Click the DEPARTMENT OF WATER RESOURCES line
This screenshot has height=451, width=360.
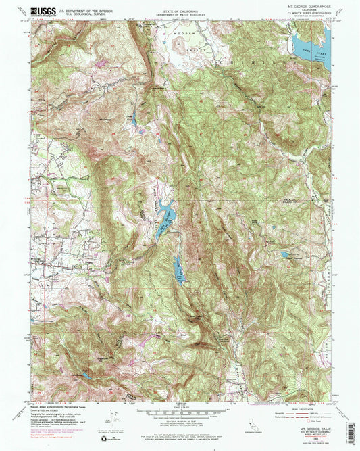click(x=180, y=12)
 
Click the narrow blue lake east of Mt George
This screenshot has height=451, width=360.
click(x=135, y=119)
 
